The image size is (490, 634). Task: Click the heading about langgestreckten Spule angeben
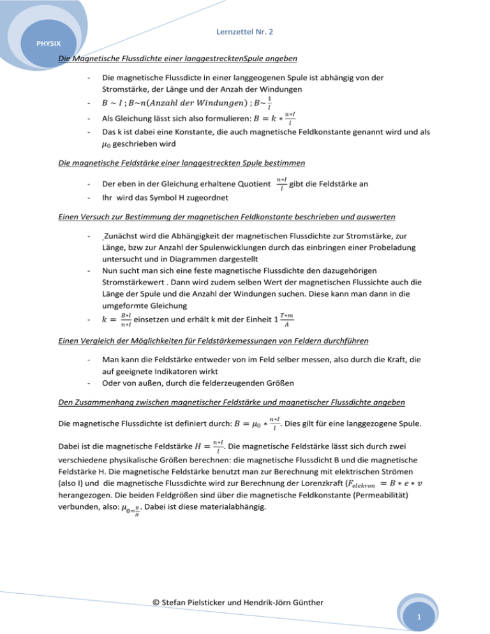(x=177, y=60)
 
